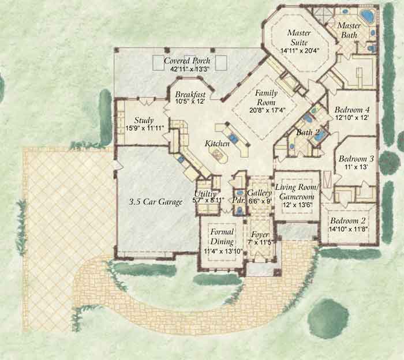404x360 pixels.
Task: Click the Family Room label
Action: pos(267,97)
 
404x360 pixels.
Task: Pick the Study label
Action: pos(143,121)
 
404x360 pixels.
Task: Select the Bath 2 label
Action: pos(308,133)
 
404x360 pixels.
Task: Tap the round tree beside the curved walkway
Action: pos(324,316)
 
